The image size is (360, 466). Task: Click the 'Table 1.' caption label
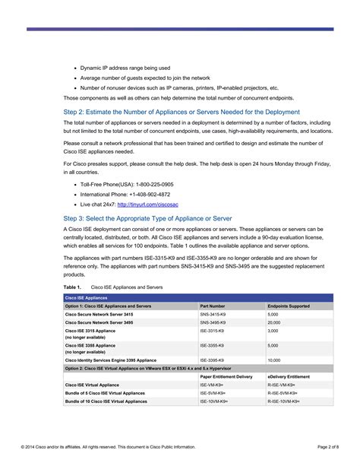pos(72,288)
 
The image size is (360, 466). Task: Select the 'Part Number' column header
pos(212,306)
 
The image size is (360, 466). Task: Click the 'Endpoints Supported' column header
pos(288,306)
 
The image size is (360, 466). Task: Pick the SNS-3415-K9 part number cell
pos(213,314)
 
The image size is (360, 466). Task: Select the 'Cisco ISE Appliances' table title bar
pos(86,298)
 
